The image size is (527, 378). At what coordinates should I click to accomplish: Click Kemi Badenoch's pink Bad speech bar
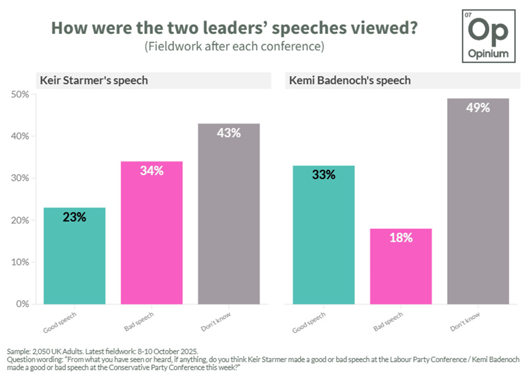click(x=400, y=266)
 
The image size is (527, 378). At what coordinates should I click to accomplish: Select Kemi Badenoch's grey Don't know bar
click(x=477, y=201)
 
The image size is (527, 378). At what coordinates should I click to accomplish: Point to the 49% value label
click(x=477, y=108)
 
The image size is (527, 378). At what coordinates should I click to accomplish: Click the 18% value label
click(x=400, y=238)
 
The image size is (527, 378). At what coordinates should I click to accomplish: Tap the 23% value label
click(x=75, y=217)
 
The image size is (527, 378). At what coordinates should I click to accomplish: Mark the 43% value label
click(x=229, y=133)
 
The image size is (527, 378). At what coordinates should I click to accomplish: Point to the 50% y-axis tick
click(x=20, y=94)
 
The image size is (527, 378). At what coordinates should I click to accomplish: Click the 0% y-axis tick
click(x=23, y=304)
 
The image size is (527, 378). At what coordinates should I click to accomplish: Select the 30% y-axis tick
click(x=20, y=178)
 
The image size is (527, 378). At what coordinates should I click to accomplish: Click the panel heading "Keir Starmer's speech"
click(x=93, y=80)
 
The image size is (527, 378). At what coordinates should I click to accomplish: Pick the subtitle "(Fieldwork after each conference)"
click(x=234, y=47)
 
